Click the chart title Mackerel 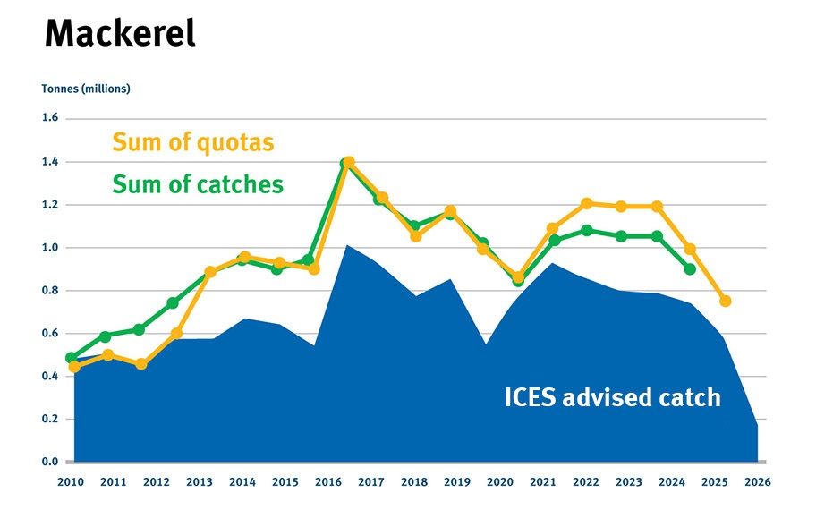(x=119, y=34)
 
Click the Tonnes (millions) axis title (x=86, y=89)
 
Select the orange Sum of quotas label (x=192, y=142)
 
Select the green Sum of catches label (x=197, y=184)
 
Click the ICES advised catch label (x=612, y=396)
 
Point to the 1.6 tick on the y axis (x=49, y=118)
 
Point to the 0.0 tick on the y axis (x=49, y=462)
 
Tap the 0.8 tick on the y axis (x=49, y=291)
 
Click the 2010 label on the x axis (x=71, y=481)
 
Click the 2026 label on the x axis (x=756, y=481)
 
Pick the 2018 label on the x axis (x=413, y=481)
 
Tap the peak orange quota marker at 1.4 (x=349, y=163)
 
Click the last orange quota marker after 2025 (x=726, y=301)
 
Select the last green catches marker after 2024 (x=690, y=269)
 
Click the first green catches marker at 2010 (x=72, y=358)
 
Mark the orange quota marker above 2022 (x=587, y=203)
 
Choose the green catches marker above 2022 (x=587, y=230)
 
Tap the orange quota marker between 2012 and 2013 (x=177, y=334)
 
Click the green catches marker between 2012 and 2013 (x=173, y=303)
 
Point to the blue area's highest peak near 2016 (x=347, y=245)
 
